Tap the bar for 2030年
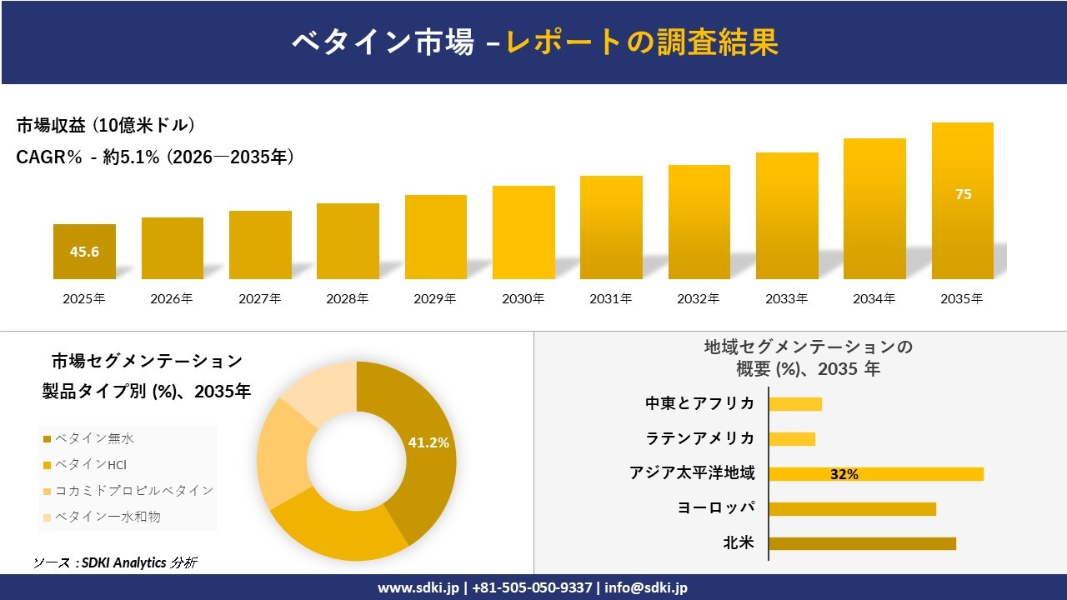coord(523,232)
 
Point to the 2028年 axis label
coord(348,298)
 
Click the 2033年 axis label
coord(787,298)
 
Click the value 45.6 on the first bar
coord(84,252)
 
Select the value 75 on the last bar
coord(963,194)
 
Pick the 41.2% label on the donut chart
coord(428,442)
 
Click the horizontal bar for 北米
coord(862,543)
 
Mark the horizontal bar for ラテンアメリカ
coord(792,439)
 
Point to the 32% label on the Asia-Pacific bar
coord(844,474)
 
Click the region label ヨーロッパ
coord(717,508)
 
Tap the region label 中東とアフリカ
coord(699,403)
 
